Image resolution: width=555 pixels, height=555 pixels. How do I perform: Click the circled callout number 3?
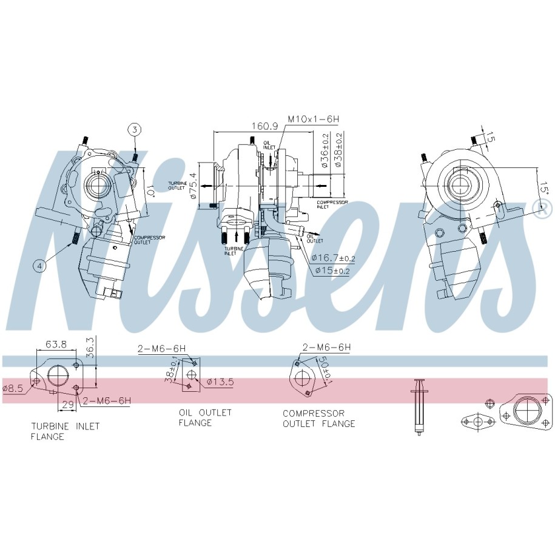[135, 129]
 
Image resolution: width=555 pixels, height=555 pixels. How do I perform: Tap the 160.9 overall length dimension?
[265, 126]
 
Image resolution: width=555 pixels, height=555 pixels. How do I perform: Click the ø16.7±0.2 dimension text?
[334, 258]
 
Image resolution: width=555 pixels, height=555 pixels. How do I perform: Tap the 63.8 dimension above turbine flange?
[56, 345]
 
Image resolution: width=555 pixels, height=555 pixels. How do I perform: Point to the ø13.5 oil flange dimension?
[220, 382]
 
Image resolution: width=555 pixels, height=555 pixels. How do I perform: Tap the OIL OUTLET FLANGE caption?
[205, 417]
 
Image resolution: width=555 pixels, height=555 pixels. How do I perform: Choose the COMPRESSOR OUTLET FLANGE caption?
[318, 418]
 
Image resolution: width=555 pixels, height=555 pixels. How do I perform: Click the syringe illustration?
[418, 406]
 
